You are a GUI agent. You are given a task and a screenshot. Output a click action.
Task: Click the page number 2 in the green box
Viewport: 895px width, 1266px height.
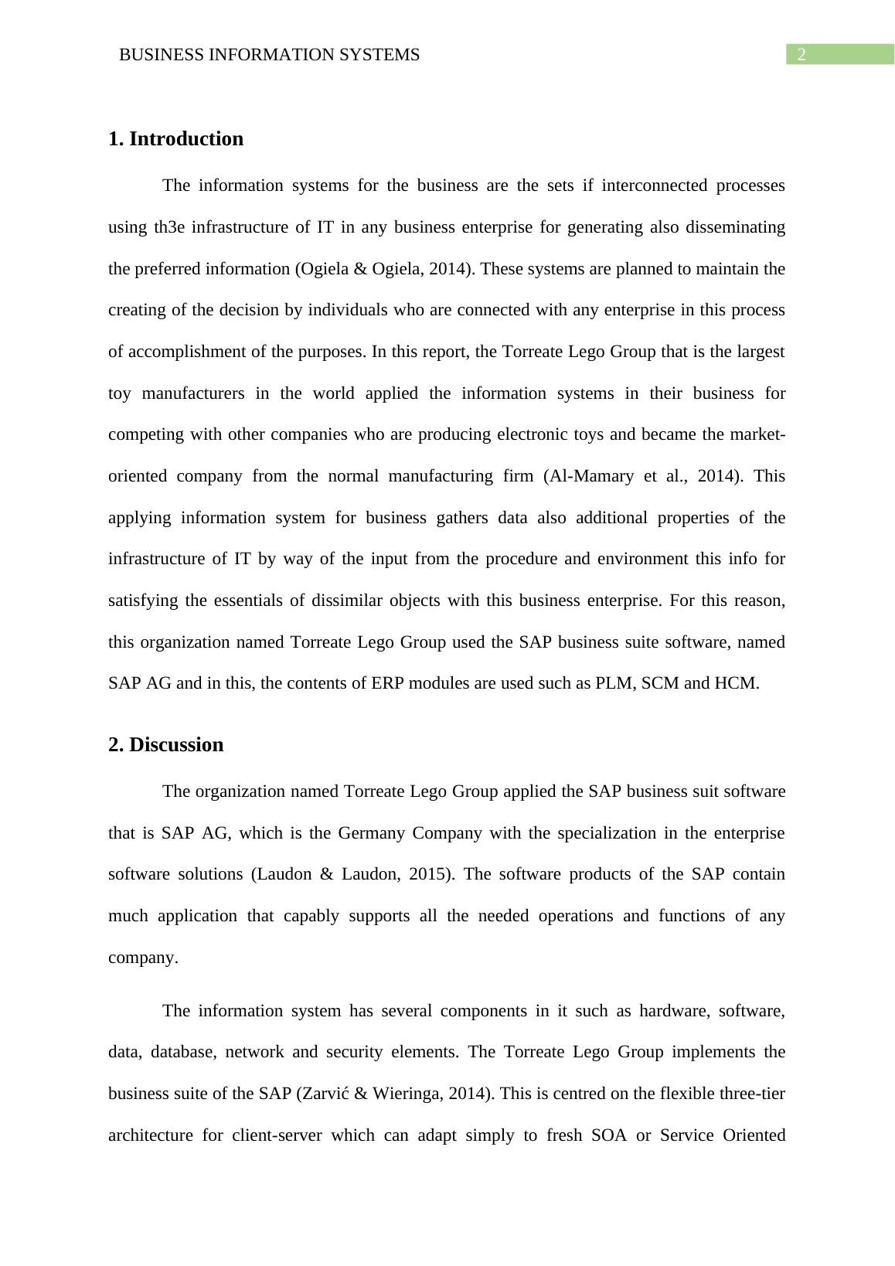coord(801,55)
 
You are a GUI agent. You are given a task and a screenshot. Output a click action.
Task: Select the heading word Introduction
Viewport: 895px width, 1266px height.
coord(186,139)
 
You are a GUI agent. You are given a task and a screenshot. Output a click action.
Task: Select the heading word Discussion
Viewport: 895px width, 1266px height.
coord(176,745)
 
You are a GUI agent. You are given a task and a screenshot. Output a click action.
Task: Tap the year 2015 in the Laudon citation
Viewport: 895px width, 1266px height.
coord(429,874)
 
